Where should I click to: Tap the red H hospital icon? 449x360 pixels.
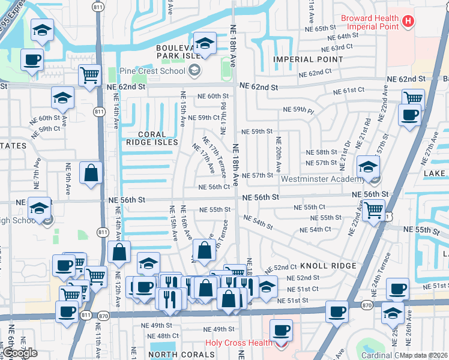pyautogui.click(x=409, y=22)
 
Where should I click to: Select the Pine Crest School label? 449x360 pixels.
pyautogui.click(x=152, y=71)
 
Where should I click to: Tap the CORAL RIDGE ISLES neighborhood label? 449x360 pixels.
pyautogui.click(x=152, y=138)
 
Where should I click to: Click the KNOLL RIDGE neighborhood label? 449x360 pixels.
pyautogui.click(x=328, y=265)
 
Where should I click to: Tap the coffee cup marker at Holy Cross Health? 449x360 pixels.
pyautogui.click(x=281, y=329)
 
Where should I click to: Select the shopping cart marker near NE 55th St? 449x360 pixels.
pyautogui.click(x=374, y=210)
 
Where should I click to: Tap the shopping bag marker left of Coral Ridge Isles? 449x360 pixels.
pyautogui.click(x=91, y=173)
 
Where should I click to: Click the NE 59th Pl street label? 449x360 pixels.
pyautogui.click(x=298, y=110)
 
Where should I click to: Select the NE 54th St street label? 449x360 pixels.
pyautogui.click(x=258, y=223)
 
